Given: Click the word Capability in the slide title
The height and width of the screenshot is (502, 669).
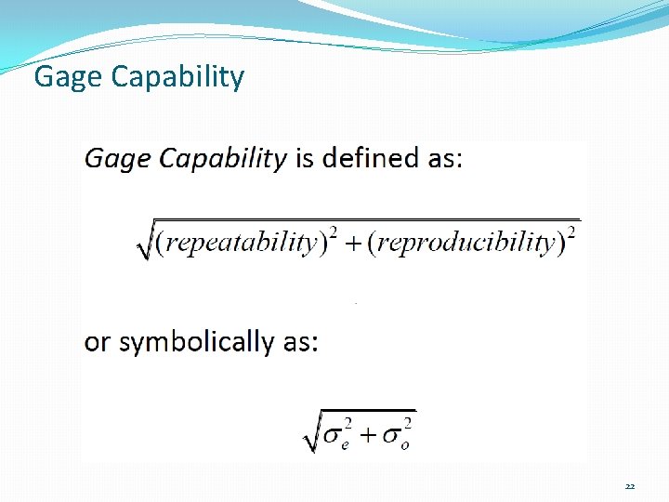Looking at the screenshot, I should [177, 77].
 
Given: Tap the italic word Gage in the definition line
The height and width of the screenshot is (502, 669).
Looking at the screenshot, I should [118, 159].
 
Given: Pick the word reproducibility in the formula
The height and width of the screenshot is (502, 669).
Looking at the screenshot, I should [466, 244].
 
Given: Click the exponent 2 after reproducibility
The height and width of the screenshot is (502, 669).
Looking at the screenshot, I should [571, 232].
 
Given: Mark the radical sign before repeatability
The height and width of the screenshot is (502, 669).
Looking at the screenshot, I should [144, 244].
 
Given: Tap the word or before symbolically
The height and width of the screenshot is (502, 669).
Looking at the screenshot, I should [96, 343].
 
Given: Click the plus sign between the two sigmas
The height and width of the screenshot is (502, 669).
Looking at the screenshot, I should [365, 434].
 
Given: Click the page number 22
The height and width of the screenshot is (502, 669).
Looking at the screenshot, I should [630, 486].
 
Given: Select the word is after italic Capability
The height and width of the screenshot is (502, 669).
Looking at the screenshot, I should [304, 158].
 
